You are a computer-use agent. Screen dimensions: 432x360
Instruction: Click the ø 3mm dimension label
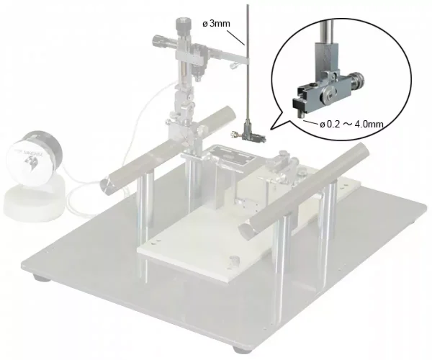tap(216, 24)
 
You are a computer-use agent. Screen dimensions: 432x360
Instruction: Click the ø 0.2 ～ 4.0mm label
tap(351, 125)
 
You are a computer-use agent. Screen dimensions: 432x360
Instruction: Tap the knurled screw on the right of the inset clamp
tap(357, 80)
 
